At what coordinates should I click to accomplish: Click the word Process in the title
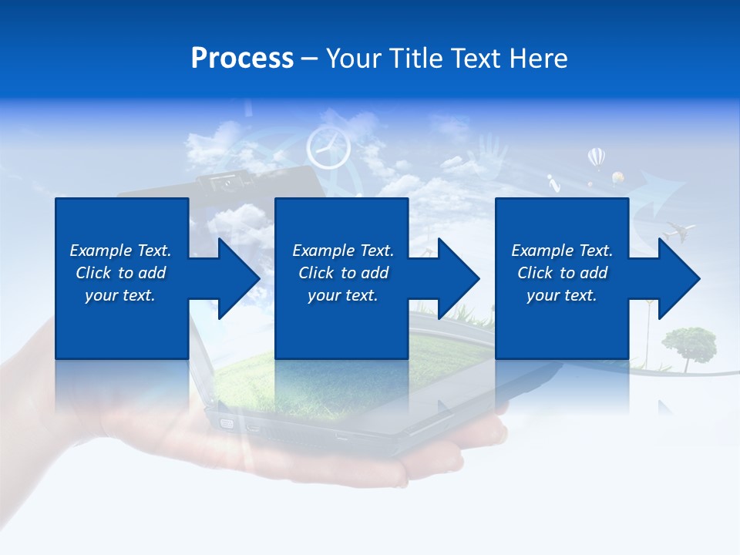pyautogui.click(x=242, y=59)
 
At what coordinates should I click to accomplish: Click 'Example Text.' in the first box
pyautogui.click(x=120, y=251)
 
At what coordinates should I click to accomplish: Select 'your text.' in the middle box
pyautogui.click(x=342, y=295)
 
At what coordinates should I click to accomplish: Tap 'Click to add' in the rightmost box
pyautogui.click(x=562, y=273)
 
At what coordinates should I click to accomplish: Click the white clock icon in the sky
pyautogui.click(x=328, y=148)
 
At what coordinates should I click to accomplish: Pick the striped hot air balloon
pyautogui.click(x=596, y=158)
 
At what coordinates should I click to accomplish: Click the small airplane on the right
pyautogui.click(x=680, y=229)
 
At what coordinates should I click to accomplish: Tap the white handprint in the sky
pyautogui.click(x=491, y=150)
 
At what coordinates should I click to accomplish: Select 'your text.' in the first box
pyautogui.click(x=120, y=295)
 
